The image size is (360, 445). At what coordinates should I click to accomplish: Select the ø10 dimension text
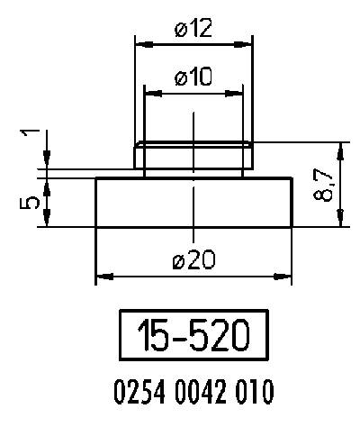pyautogui.click(x=193, y=78)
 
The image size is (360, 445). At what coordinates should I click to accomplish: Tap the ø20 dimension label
pyautogui.click(x=193, y=261)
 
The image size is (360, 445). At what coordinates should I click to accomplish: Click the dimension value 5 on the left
pyautogui.click(x=30, y=203)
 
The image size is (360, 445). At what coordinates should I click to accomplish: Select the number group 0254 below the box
pyautogui.click(x=135, y=393)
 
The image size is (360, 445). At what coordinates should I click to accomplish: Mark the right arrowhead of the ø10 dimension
pyautogui.click(x=238, y=92)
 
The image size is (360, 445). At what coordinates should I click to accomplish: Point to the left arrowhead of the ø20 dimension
pyautogui.click(x=101, y=274)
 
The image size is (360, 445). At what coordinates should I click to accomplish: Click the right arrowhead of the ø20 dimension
pyautogui.click(x=286, y=274)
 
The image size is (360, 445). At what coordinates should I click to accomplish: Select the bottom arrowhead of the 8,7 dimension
pyautogui.click(x=339, y=221)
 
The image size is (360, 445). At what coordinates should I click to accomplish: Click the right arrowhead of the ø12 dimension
pyautogui.click(x=247, y=41)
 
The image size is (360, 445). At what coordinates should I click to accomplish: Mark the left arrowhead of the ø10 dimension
pyautogui.click(x=150, y=92)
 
